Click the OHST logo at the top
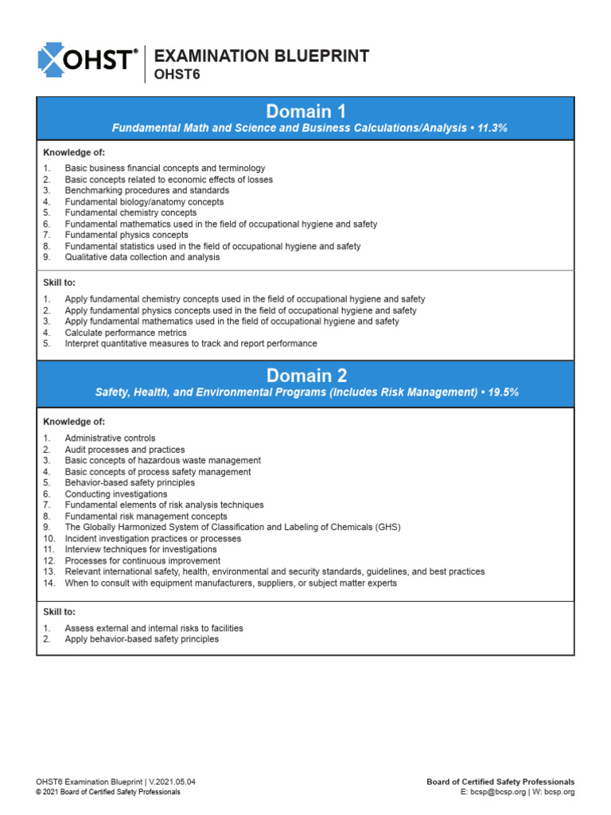coord(88,58)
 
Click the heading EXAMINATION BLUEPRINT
coord(261,56)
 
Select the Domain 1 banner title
coord(305,111)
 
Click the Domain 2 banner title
coord(305,376)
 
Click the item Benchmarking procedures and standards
coord(147,191)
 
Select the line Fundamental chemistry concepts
coord(130,213)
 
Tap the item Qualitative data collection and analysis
coord(142,257)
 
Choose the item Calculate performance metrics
coord(126,333)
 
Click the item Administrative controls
coord(110,439)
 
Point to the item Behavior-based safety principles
coord(130,483)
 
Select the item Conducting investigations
coord(116,494)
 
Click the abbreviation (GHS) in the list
coord(386,528)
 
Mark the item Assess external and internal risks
coord(154,629)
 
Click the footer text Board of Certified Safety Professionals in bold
coord(500,782)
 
